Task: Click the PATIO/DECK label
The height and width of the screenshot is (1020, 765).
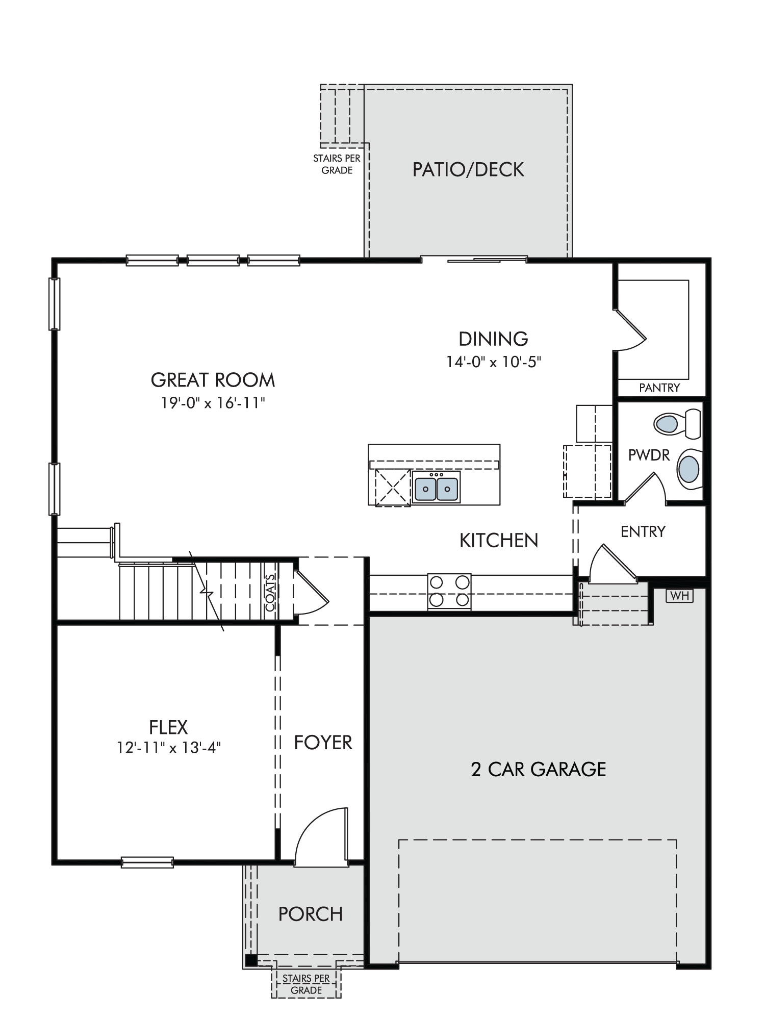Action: coord(468,169)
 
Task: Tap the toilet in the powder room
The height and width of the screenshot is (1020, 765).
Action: coord(677,423)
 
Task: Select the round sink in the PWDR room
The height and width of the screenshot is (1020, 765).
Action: coord(689,469)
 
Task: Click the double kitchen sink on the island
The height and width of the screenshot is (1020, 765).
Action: coord(436,488)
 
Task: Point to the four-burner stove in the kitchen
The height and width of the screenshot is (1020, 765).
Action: coord(449,591)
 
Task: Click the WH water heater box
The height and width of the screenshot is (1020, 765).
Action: coord(680,596)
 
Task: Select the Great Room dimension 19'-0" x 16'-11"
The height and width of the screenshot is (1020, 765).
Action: coord(213,403)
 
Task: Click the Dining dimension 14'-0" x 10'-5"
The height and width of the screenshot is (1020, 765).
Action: coord(493,362)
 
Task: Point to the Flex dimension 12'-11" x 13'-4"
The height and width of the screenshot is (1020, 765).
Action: coord(169,748)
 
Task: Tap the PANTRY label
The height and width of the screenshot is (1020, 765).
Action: coord(659,388)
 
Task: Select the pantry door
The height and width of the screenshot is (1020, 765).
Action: coord(630,329)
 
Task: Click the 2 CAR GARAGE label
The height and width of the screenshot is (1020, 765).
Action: coord(539,769)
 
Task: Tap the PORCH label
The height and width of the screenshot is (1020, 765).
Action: coord(311,914)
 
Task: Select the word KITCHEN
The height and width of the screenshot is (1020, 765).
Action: coord(499,541)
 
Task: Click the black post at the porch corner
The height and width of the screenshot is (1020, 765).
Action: coord(251,960)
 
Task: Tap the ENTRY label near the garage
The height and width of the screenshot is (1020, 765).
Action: coord(643,531)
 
